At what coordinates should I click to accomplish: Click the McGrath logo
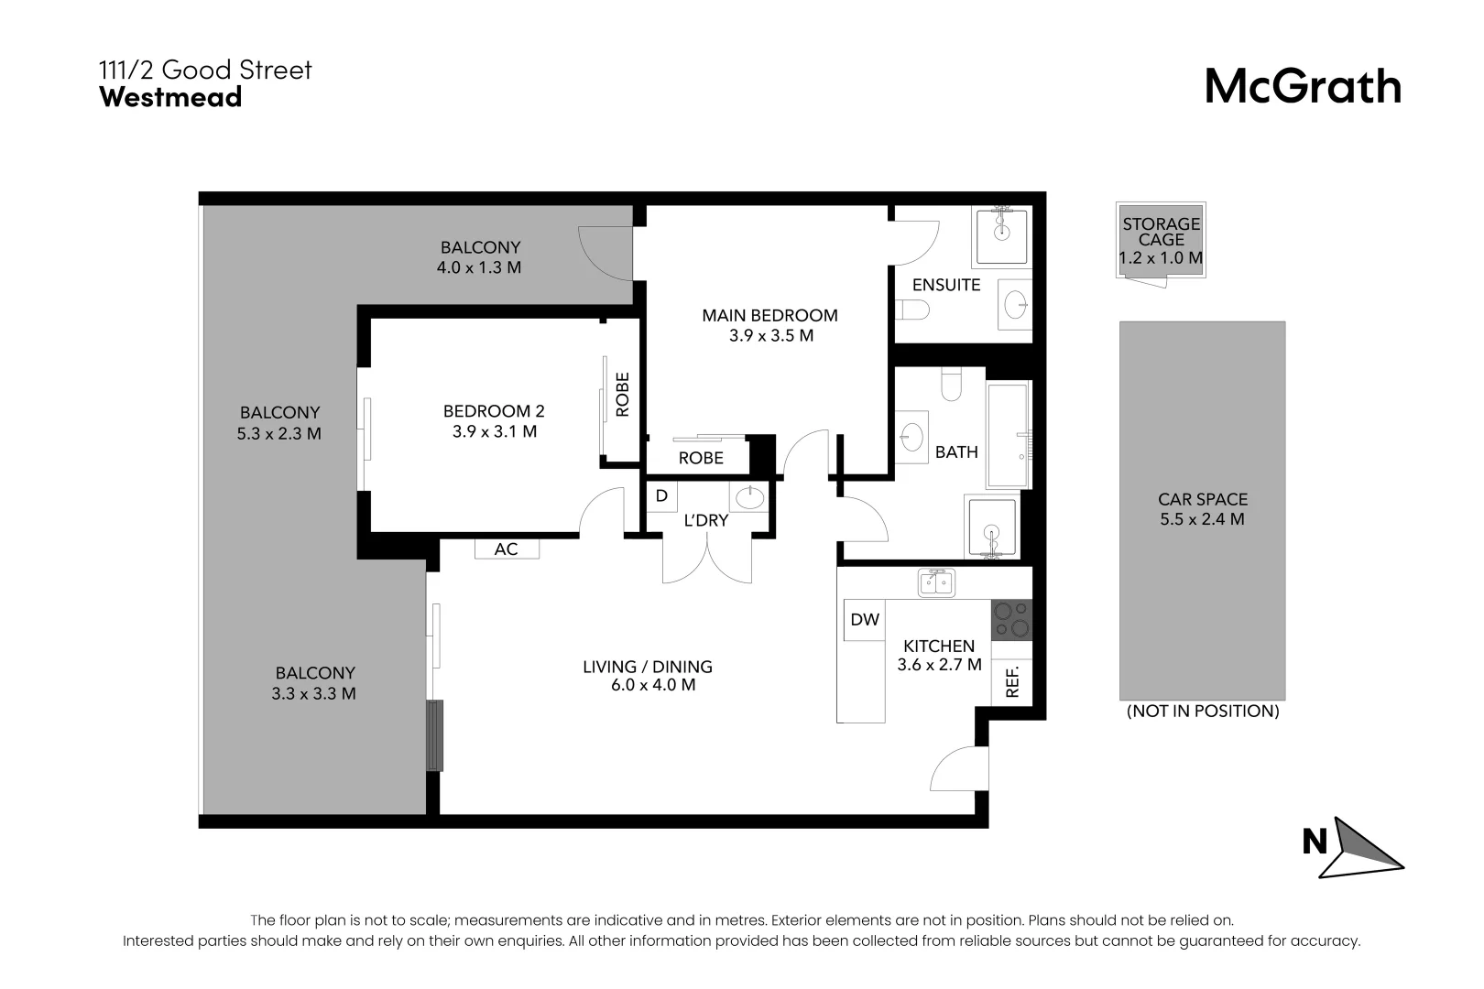click(1302, 87)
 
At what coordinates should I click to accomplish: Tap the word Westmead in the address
click(170, 97)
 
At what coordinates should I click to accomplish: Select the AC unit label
click(506, 549)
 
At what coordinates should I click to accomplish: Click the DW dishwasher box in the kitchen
click(864, 620)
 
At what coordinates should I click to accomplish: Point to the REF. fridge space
click(1012, 682)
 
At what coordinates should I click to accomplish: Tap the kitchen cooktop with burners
click(1011, 620)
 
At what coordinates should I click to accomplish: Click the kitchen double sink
click(936, 581)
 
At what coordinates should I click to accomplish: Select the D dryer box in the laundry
click(661, 496)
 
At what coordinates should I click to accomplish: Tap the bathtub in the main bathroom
click(1009, 435)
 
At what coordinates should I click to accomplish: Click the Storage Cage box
click(1161, 240)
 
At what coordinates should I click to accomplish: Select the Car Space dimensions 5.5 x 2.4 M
click(1202, 519)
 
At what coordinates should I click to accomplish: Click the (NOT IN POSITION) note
click(1202, 711)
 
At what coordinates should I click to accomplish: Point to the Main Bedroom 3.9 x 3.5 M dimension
click(770, 335)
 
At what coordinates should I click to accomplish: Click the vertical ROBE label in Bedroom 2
click(623, 394)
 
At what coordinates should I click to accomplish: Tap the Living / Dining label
click(647, 667)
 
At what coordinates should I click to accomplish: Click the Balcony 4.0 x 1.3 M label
click(479, 257)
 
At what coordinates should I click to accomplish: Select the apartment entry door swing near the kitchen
click(958, 770)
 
